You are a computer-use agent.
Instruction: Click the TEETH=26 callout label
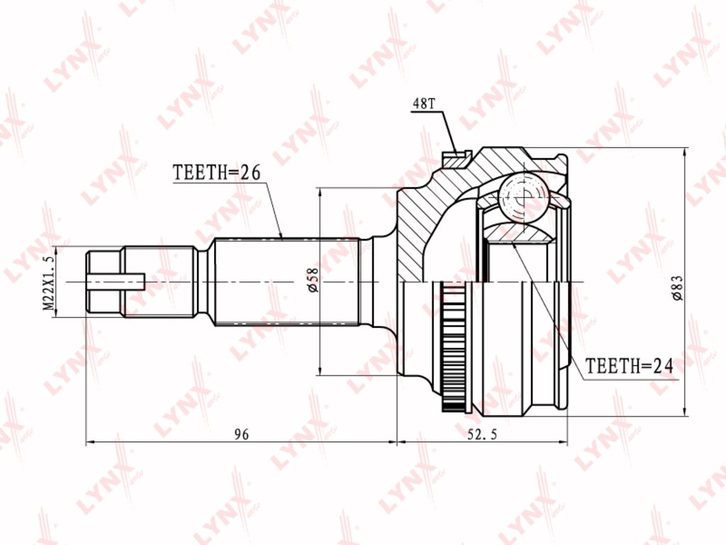click(x=217, y=172)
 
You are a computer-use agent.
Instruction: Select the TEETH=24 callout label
click(x=629, y=366)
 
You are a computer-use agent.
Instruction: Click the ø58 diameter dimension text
click(x=313, y=280)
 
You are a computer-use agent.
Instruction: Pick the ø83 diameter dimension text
click(x=677, y=288)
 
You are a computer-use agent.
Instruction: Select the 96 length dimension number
click(x=241, y=434)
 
